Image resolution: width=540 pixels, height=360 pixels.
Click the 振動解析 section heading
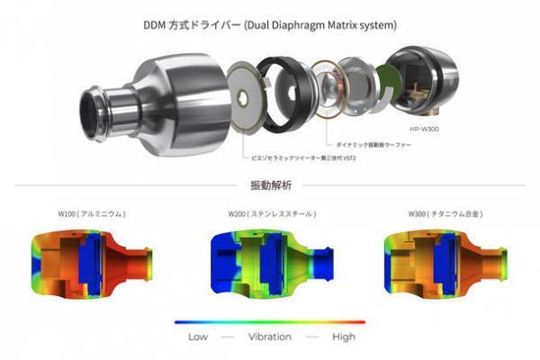click(x=269, y=186)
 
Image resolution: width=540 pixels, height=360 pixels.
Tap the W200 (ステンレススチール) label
click(x=269, y=214)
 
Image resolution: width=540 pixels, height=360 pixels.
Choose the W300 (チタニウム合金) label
click(x=445, y=214)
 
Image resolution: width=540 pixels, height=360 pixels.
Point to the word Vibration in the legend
click(x=269, y=336)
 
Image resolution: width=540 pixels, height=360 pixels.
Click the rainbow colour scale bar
click(x=269, y=321)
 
